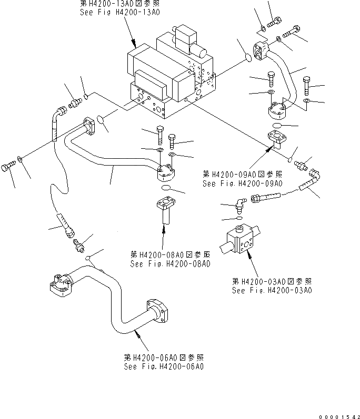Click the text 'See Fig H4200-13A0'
(x=120, y=12)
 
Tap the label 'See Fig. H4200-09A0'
(x=242, y=183)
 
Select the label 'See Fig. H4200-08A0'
(x=171, y=264)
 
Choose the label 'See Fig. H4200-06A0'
(x=164, y=366)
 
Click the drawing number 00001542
(x=339, y=416)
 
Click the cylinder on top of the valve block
(x=206, y=51)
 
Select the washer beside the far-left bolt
(x=19, y=159)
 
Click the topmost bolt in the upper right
(x=274, y=22)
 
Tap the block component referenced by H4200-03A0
(x=240, y=238)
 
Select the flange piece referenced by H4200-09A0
(x=277, y=139)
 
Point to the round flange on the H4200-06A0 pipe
(x=157, y=311)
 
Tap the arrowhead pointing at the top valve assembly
(x=134, y=44)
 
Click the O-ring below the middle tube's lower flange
(x=166, y=188)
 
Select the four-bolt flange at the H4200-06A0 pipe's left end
(x=61, y=285)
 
